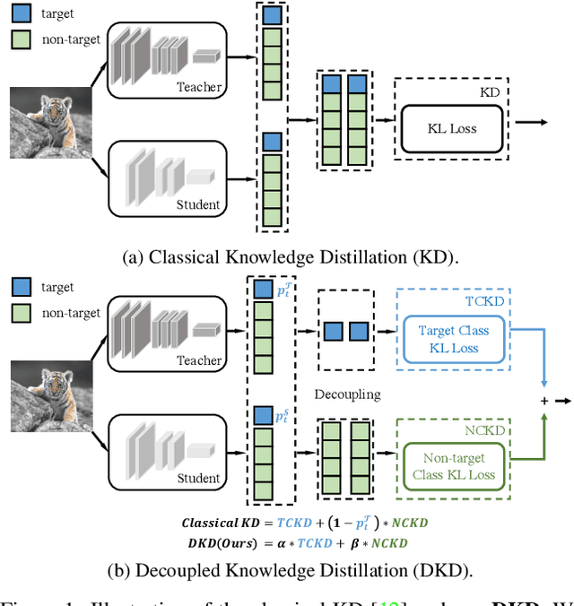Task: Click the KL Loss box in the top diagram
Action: pos(451,128)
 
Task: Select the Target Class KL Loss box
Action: pos(454,340)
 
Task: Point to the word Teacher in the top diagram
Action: pos(199,88)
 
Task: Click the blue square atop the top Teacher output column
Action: pos(272,15)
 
